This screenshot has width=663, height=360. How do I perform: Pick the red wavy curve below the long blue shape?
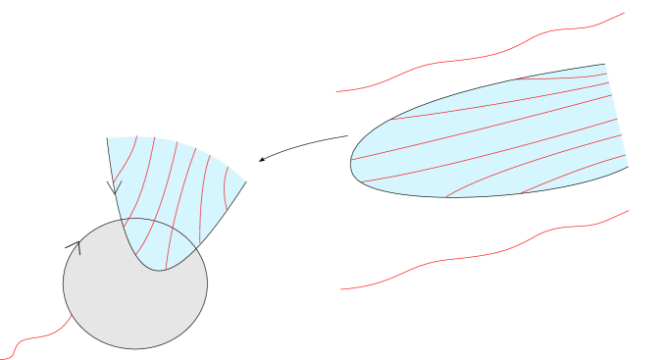pyautogui.click(x=471, y=256)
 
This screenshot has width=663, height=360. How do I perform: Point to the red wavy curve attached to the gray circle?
pyautogui.click(x=39, y=335)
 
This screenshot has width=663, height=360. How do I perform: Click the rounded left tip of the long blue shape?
pyautogui.click(x=352, y=163)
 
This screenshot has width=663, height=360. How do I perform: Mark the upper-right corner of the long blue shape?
pyautogui.click(x=605, y=65)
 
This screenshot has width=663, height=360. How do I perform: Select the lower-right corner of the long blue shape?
pyautogui.click(x=628, y=166)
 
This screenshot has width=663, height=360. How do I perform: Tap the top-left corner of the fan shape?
pyautogui.click(x=108, y=138)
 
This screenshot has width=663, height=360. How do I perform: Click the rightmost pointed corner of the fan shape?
pyautogui.click(x=245, y=180)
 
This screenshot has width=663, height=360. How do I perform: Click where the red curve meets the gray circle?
pyautogui.click(x=73, y=316)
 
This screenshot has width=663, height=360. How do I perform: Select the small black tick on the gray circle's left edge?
pyautogui.click(x=79, y=249)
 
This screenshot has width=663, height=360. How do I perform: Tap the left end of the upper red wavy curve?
pyautogui.click(x=336, y=92)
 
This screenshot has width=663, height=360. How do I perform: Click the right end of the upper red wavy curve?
pyautogui.click(x=625, y=13)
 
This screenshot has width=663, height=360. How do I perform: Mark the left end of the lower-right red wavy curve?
pyautogui.click(x=339, y=289)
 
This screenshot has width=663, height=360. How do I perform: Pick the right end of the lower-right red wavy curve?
pyautogui.click(x=629, y=210)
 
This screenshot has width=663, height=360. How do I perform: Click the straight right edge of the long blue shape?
pyautogui.click(x=617, y=116)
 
